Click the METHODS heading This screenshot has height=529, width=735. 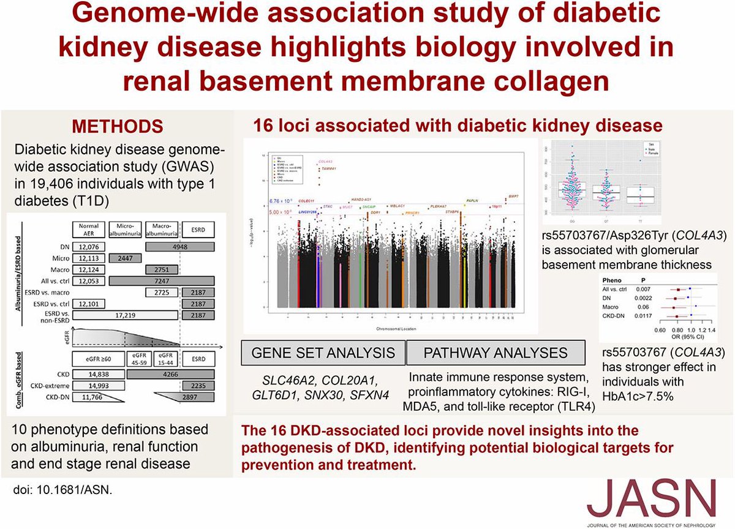118,127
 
